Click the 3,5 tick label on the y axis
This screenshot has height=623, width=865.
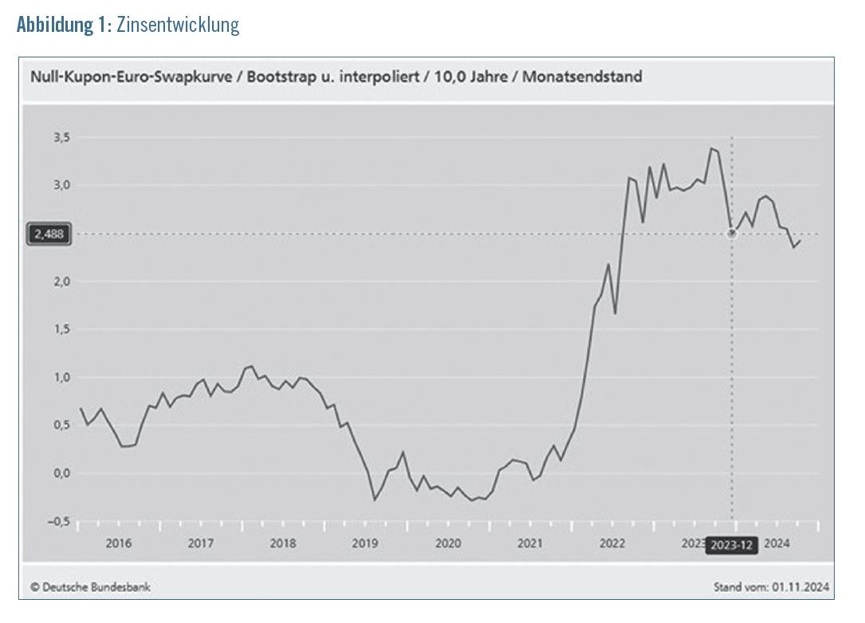click(62, 137)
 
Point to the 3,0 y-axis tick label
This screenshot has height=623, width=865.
click(62, 185)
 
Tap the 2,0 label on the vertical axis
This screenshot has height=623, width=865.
click(62, 282)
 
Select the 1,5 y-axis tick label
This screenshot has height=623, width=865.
click(62, 329)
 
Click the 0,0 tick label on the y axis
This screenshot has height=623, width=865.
click(62, 473)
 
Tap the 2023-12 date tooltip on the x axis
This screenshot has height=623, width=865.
click(732, 545)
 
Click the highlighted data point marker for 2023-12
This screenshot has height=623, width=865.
click(732, 233)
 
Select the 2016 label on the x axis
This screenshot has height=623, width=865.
click(118, 544)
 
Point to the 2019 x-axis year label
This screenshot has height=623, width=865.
click(365, 544)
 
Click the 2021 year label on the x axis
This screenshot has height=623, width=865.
click(530, 544)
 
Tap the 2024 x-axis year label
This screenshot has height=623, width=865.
click(777, 544)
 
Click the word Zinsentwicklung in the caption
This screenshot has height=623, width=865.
click(178, 25)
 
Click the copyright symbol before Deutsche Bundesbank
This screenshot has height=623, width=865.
click(35, 587)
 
